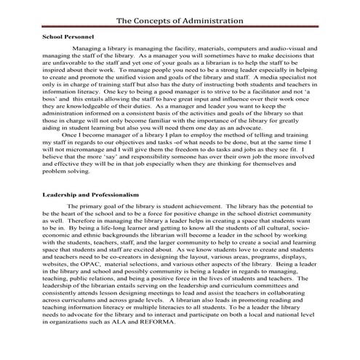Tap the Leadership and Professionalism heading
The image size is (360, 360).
pos(94,196)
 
